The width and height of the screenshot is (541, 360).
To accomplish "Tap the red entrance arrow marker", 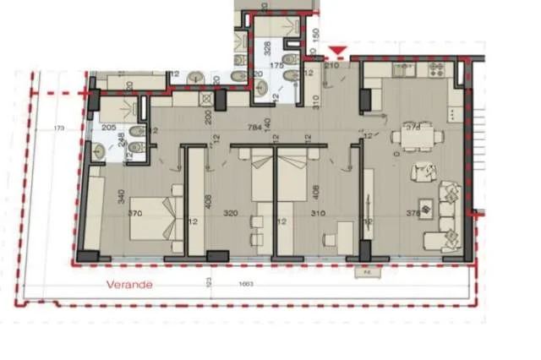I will (338, 52).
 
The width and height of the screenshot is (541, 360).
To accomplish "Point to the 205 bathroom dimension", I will (108, 128).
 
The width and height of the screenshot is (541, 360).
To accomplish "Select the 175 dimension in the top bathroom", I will (275, 65).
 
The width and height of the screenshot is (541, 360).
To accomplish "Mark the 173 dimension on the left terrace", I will (58, 128).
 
